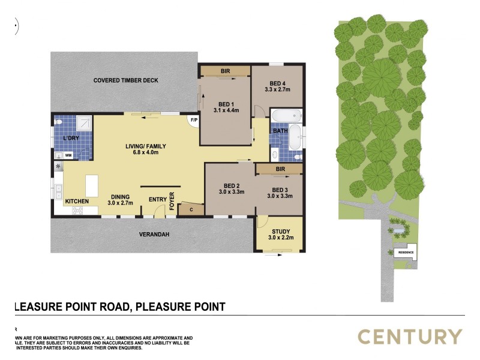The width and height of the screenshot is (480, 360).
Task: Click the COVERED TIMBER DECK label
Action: pos(125,80)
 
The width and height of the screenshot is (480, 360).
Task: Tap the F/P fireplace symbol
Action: pos(194,121)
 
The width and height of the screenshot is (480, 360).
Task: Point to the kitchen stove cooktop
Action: pos(78,210)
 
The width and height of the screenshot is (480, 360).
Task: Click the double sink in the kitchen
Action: pos(59,192)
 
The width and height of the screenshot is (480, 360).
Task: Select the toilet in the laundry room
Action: pos(59,122)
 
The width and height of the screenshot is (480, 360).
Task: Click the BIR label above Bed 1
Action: pos(225,71)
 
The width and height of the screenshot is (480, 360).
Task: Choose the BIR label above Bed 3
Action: pos(280,170)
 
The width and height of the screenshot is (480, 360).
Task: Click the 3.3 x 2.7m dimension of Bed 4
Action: pos(277,89)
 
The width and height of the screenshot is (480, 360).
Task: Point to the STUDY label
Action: pos(281,232)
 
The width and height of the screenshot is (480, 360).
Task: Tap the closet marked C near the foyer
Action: pos(191,209)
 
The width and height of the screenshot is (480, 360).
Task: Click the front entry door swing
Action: pos(158,210)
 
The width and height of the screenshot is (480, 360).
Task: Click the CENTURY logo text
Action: pos(410,337)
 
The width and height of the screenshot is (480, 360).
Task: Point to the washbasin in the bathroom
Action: pos(275,155)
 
